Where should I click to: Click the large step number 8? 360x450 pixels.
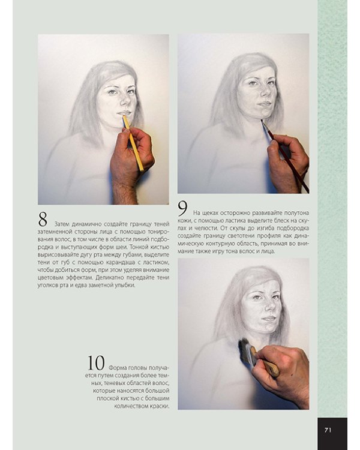click(x=43, y=220)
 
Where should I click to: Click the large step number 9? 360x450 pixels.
click(x=182, y=209)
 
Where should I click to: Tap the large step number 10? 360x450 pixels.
click(x=96, y=363)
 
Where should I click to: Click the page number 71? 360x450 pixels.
click(x=328, y=430)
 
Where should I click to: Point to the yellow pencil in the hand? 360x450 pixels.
click(x=133, y=143)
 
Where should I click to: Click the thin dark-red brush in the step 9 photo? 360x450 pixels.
click(x=284, y=156)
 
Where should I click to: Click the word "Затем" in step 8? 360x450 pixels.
click(x=62, y=224)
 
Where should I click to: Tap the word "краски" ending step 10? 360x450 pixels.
click(x=160, y=406)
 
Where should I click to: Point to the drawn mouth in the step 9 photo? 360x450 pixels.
click(x=264, y=104)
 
